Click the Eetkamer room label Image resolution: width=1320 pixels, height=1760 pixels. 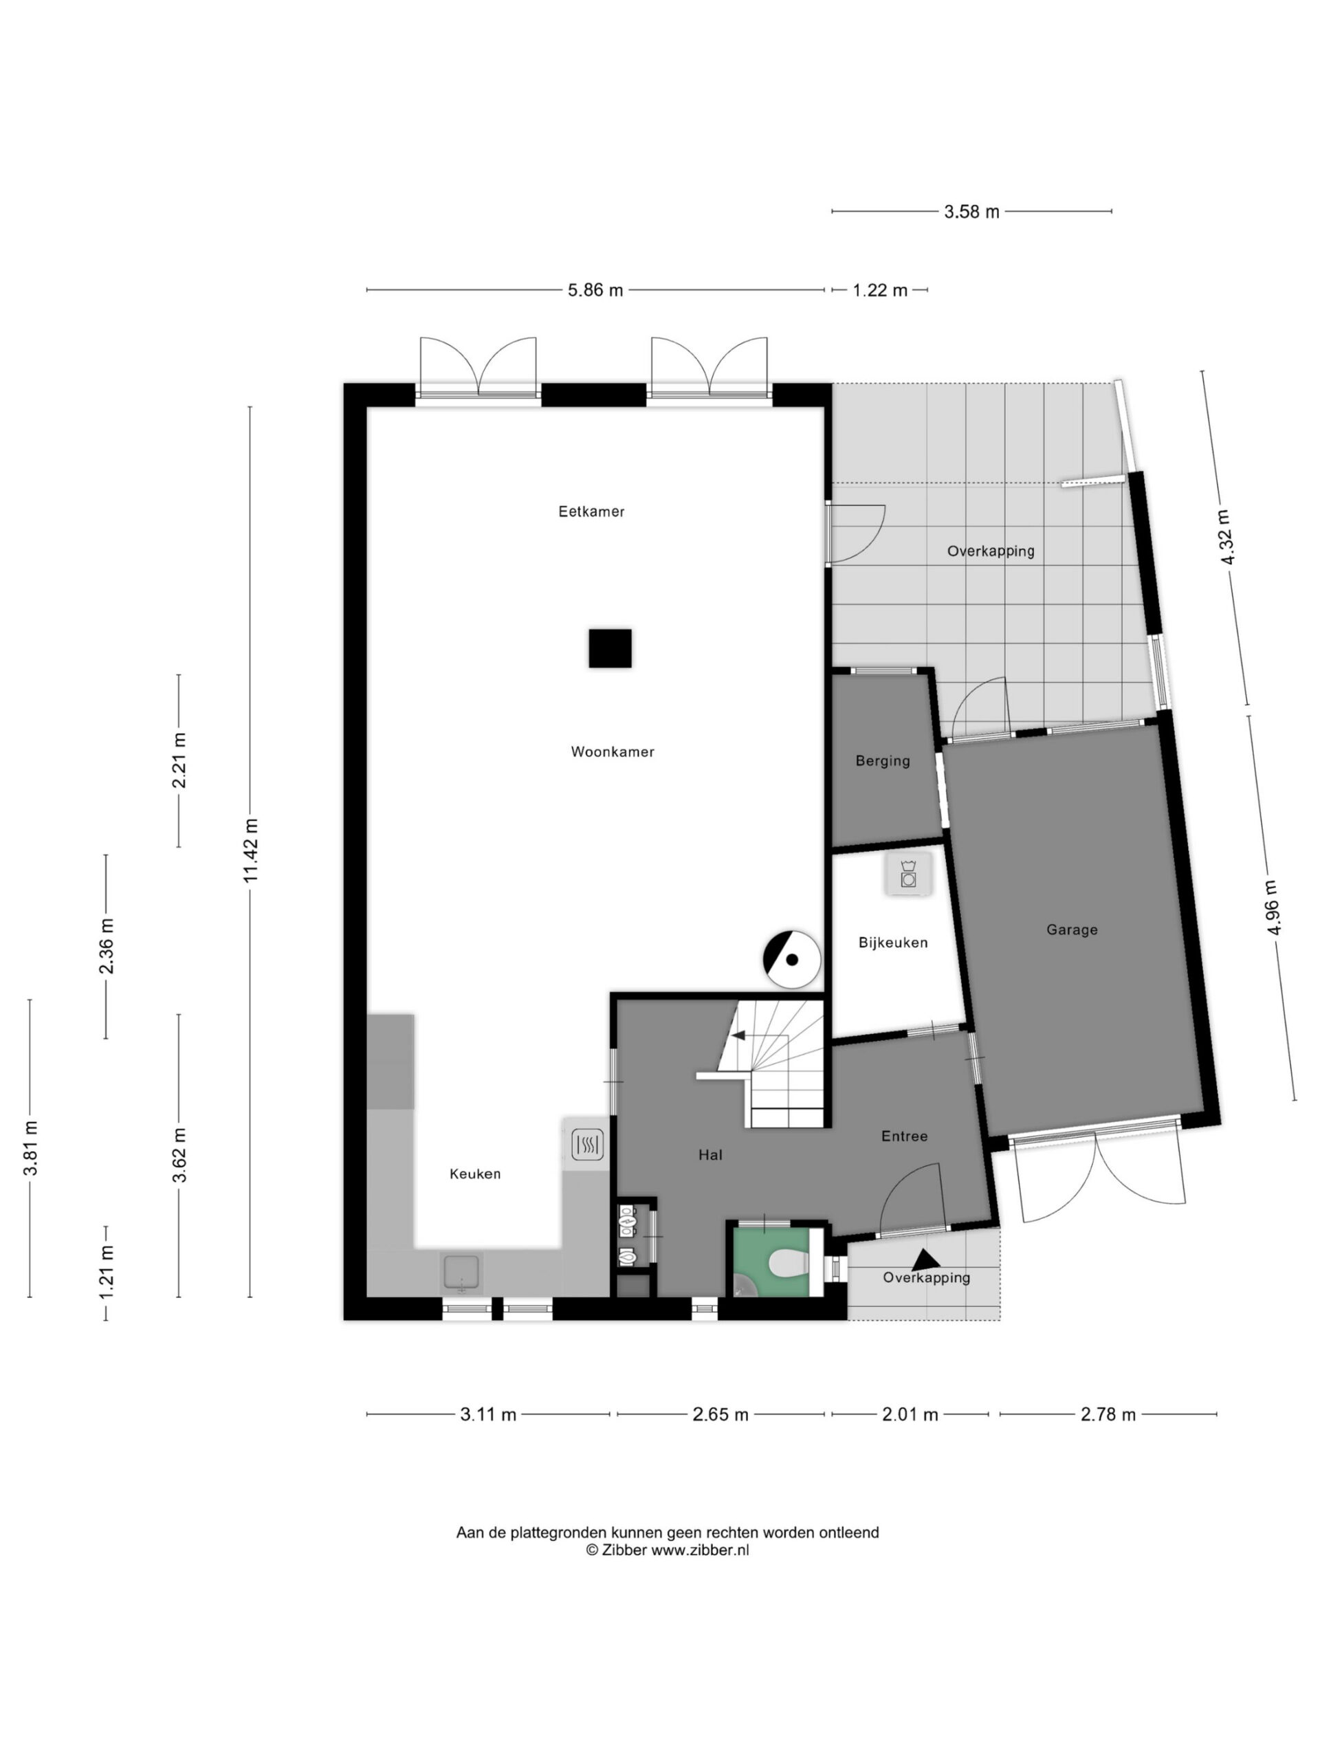591,511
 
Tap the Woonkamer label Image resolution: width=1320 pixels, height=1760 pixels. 613,752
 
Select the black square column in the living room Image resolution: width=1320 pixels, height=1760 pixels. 610,648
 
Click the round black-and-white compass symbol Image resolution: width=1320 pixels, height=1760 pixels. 792,960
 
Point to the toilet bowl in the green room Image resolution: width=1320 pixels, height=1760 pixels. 789,1262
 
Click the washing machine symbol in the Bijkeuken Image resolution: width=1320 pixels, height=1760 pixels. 908,874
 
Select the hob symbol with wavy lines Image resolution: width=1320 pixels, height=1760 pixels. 587,1146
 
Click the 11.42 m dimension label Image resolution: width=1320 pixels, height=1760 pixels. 251,850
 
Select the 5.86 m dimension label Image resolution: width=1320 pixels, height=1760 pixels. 595,290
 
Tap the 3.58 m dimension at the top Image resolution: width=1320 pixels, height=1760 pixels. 971,212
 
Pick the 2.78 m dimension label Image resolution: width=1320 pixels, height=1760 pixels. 1108,1415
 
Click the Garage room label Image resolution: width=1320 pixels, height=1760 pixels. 1072,929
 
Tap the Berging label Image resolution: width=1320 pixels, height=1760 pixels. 882,760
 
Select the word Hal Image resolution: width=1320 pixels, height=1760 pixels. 710,1154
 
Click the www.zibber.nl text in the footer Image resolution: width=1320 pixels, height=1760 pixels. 700,1550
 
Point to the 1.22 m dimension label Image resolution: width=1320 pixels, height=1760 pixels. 880,290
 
